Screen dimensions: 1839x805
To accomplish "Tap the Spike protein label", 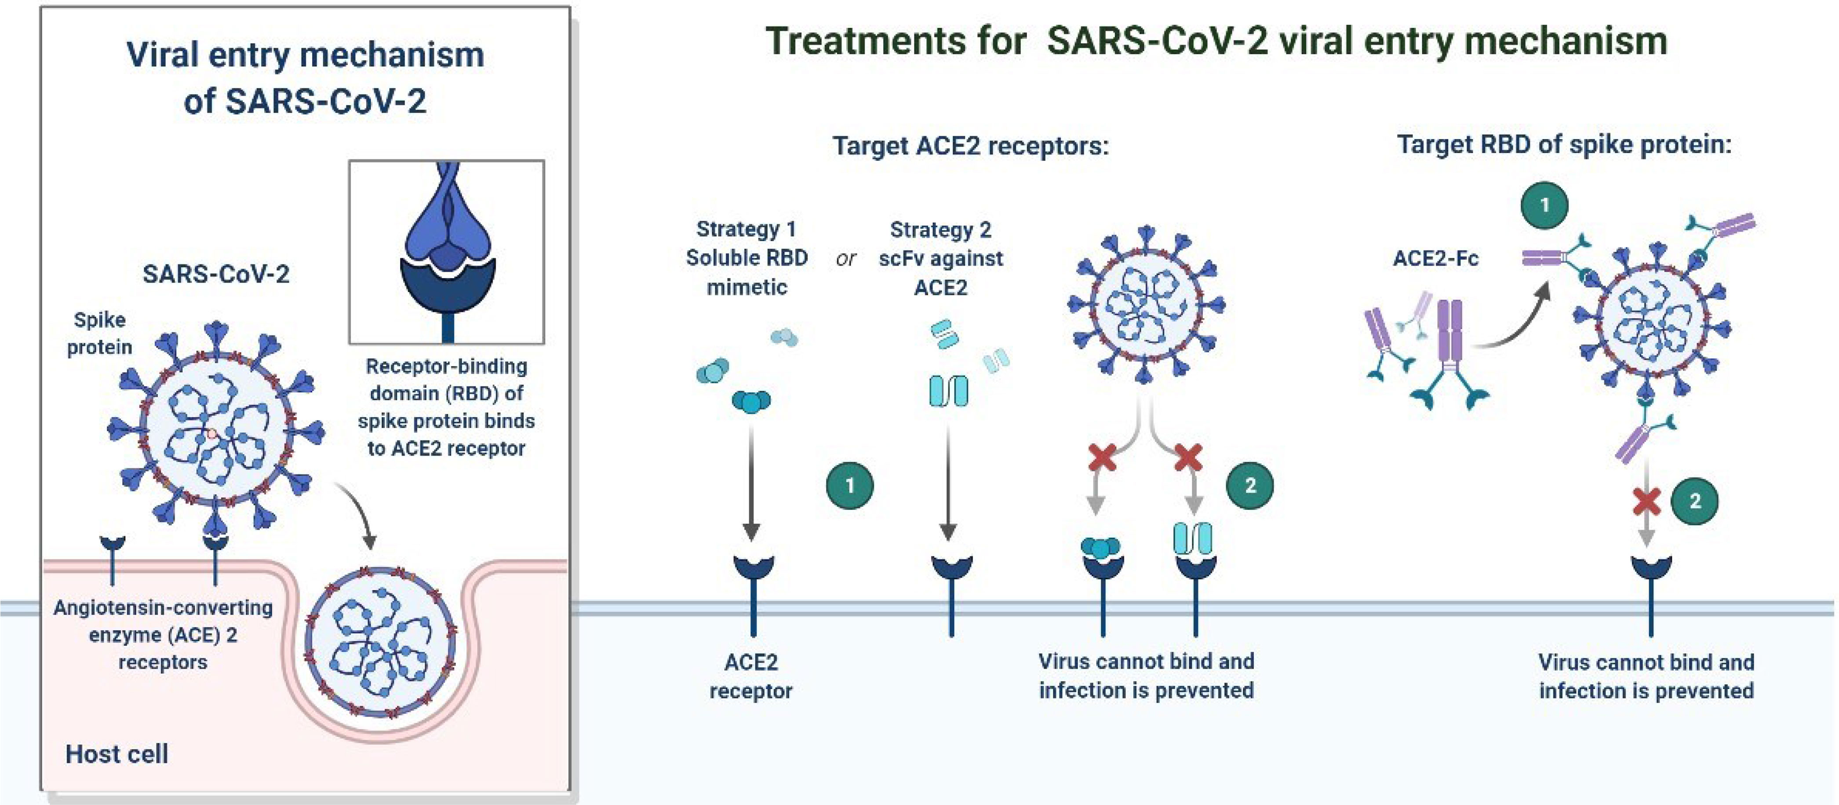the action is pyautogui.click(x=99, y=333).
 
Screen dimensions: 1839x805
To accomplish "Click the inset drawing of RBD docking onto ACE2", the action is pyautogui.click(x=447, y=252).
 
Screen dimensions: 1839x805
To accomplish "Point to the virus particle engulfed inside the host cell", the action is pyautogui.click(x=381, y=641).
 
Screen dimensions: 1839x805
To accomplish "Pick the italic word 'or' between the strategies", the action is pyautogui.click(x=846, y=259).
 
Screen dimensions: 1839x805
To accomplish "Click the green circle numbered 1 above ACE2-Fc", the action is pyautogui.click(x=1545, y=205).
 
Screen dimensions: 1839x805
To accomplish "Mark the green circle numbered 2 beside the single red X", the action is pyautogui.click(x=1695, y=501).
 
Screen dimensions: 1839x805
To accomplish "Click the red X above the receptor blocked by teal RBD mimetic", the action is pyautogui.click(x=1102, y=457).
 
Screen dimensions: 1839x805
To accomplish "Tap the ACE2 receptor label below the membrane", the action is pyautogui.click(x=751, y=677).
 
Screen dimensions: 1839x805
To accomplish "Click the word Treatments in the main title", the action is pyautogui.click(x=896, y=41).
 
